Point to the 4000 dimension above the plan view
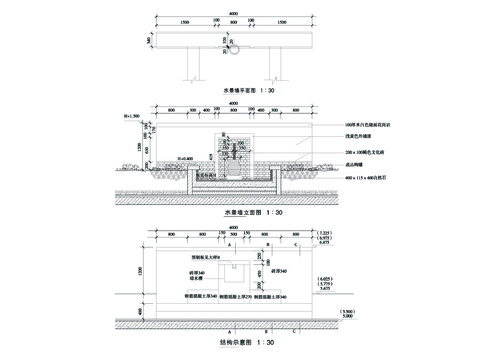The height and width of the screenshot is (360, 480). click(x=233, y=14)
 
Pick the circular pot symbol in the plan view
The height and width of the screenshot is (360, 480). click(x=237, y=46)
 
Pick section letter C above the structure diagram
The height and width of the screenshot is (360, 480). click(x=295, y=243)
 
